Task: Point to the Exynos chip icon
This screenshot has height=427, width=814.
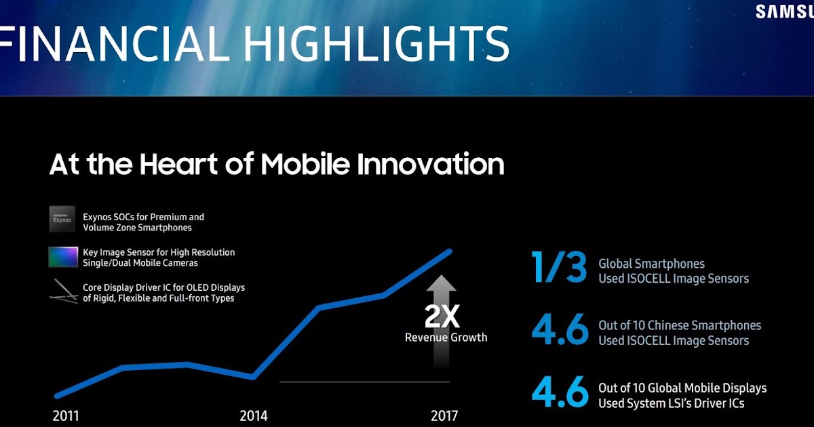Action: (63, 221)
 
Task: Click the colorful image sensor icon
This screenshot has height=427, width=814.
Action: (63, 257)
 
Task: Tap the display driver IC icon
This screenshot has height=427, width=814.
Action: (63, 291)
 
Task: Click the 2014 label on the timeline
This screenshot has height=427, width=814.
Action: (254, 415)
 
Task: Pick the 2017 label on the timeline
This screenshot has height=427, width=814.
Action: (444, 415)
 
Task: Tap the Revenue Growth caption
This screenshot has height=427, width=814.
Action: (446, 338)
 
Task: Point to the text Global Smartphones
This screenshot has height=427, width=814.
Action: (651, 264)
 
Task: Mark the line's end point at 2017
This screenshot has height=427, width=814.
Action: (449, 251)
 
